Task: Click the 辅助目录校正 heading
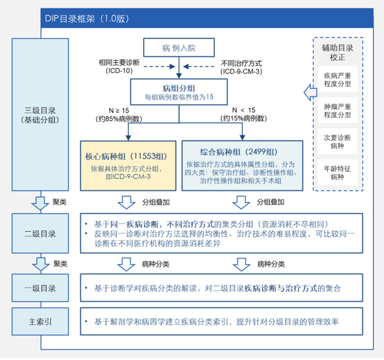[x=338, y=52]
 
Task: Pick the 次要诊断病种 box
[x=338, y=142]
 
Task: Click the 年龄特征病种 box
[x=338, y=172]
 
